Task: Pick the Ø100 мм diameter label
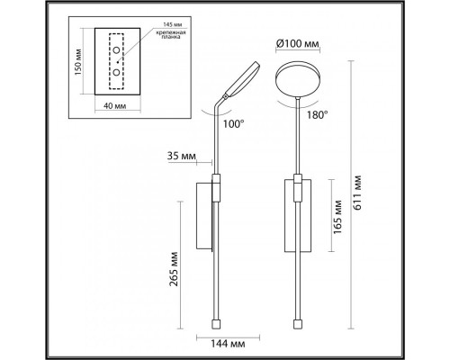pos(295,43)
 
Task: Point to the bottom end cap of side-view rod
pos(215,322)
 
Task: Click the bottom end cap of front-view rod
pos(299,322)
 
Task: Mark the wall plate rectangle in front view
pos(299,212)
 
